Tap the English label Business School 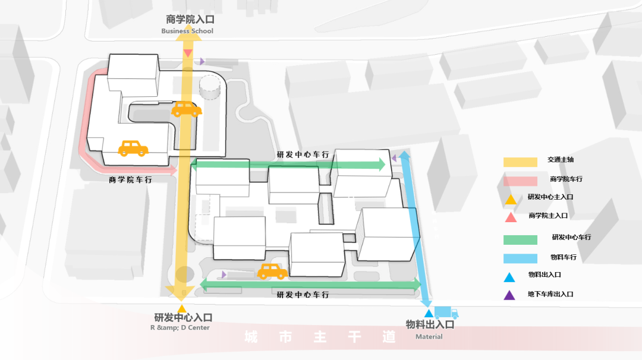click(x=187, y=31)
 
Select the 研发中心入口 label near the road click(x=183, y=318)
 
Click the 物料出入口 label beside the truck click(x=430, y=324)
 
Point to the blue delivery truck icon click(x=446, y=312)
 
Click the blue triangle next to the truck click(x=429, y=313)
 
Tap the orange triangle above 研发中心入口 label click(x=182, y=308)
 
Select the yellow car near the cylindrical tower click(x=187, y=109)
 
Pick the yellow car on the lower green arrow click(x=272, y=271)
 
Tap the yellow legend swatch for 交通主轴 click(x=520, y=162)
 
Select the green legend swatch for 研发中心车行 click(x=520, y=239)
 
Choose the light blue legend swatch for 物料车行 click(x=520, y=258)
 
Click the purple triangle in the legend click(x=510, y=295)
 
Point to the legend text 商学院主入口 click(x=548, y=216)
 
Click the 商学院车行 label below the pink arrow click(x=130, y=179)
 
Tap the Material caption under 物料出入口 click(x=429, y=337)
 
